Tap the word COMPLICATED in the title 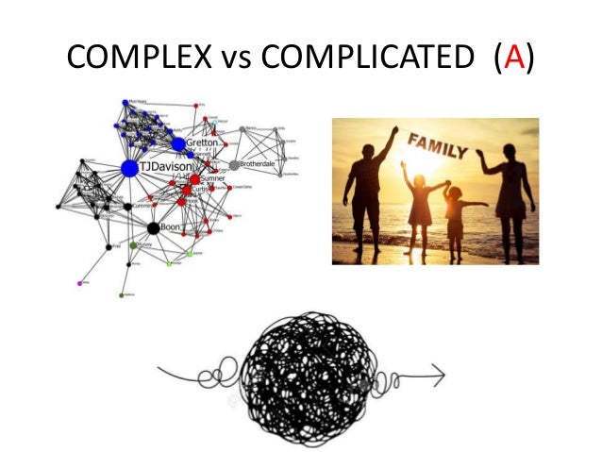[366, 62]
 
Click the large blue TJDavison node [129, 168]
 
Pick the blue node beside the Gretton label [178, 143]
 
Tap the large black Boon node [153, 227]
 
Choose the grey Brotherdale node [233, 164]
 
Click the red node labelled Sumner [194, 178]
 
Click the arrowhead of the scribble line [441, 382]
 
